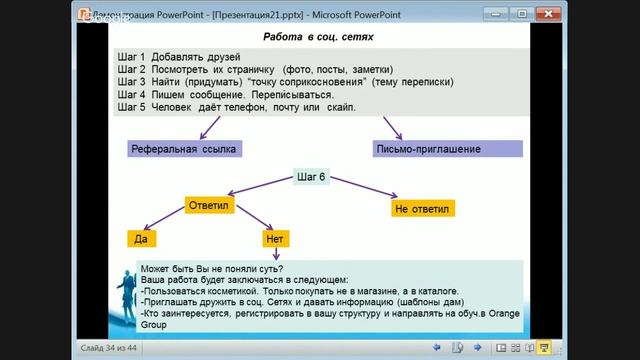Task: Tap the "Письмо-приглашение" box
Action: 441,149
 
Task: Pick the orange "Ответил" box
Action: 210,206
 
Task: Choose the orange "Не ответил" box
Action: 424,209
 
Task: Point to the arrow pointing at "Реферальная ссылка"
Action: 211,127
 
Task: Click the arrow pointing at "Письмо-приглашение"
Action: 391,128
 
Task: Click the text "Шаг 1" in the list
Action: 131,58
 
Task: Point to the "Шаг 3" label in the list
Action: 131,82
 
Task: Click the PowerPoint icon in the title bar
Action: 85,14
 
